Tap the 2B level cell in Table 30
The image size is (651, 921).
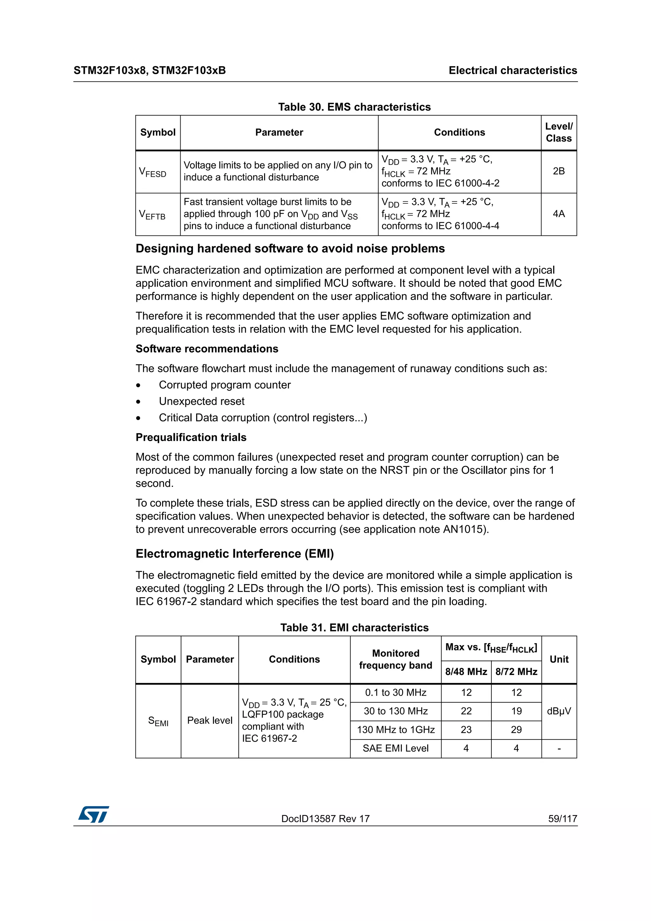[x=558, y=171]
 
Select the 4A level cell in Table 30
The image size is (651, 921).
[x=558, y=214]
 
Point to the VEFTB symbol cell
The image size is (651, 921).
[x=153, y=215]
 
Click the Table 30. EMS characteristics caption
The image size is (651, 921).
[x=354, y=107]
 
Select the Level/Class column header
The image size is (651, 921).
[x=558, y=133]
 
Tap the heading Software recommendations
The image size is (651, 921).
[x=207, y=349]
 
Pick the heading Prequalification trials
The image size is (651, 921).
[x=191, y=437]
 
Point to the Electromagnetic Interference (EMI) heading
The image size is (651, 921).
[x=235, y=554]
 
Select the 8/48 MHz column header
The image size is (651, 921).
[x=466, y=672]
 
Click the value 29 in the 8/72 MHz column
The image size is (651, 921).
[x=516, y=730]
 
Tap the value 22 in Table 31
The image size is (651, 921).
[x=466, y=711]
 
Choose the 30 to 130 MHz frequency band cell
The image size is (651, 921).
[x=395, y=711]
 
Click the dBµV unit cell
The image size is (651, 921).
[x=559, y=711]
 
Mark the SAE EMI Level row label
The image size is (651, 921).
[x=395, y=748]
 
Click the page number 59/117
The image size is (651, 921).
[x=562, y=819]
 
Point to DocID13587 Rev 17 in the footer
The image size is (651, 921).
[x=325, y=819]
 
